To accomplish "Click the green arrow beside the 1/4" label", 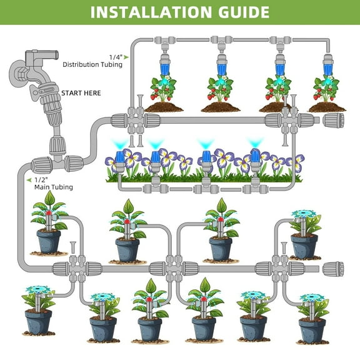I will coord(126,57).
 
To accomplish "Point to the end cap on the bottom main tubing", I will coord(332,269).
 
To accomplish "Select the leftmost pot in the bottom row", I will coord(38,321).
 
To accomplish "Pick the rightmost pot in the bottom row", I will coord(312,328).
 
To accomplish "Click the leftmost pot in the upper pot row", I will coord(48,240).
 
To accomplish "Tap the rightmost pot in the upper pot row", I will coord(304,245).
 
